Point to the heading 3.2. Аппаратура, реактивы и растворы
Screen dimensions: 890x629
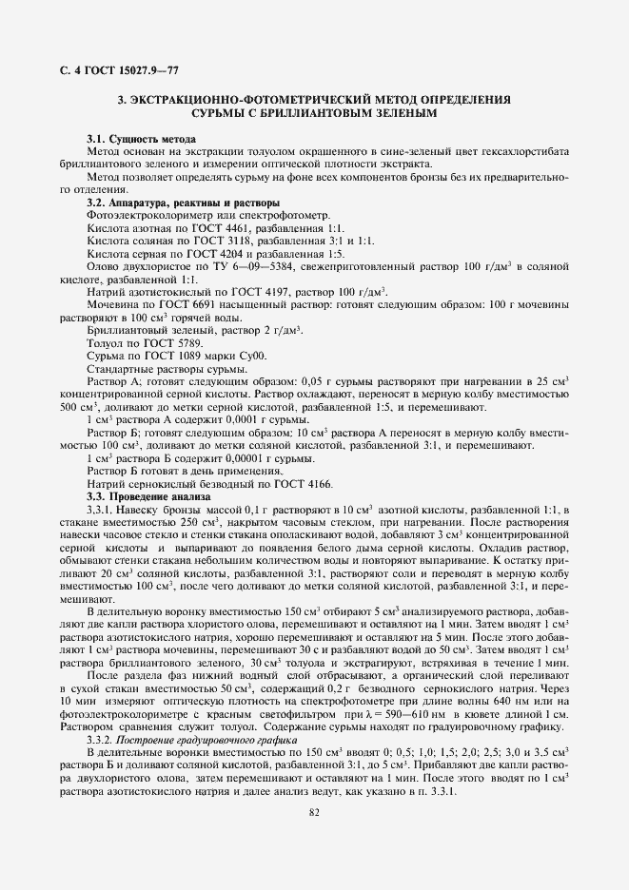[183, 203]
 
